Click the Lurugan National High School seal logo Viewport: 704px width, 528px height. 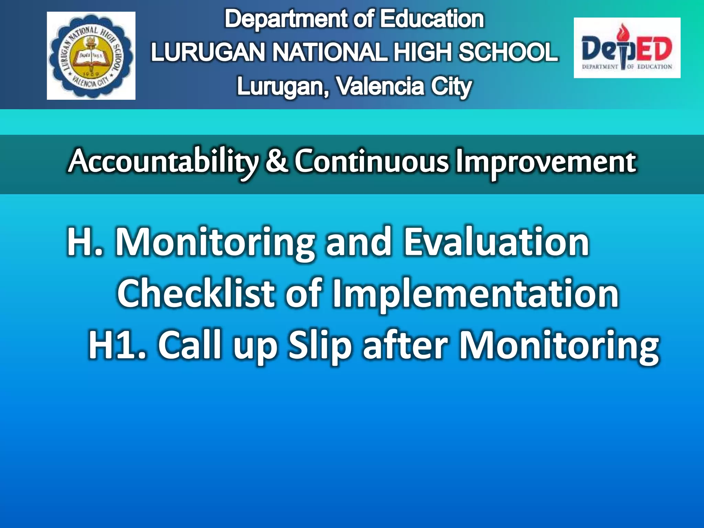[91, 56]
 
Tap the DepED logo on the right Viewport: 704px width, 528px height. [627, 48]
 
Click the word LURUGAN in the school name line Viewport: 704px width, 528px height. [208, 52]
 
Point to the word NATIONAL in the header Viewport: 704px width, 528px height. [330, 52]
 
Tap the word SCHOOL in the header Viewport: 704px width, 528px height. [508, 52]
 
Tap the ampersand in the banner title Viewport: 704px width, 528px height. [276, 161]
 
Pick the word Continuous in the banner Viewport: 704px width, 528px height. [372, 161]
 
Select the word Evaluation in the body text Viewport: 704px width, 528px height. [496, 242]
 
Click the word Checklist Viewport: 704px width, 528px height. [196, 294]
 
